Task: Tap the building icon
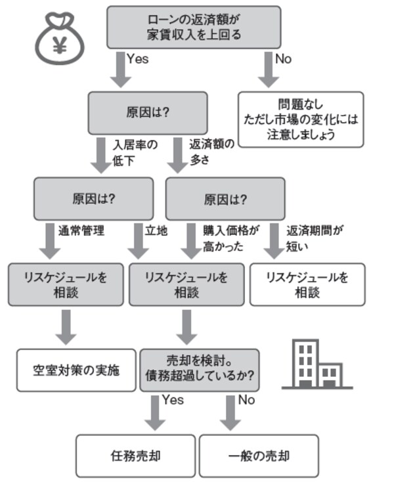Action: pyautogui.click(x=317, y=364)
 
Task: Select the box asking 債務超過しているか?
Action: pyautogui.click(x=199, y=370)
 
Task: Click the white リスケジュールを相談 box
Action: pyautogui.click(x=307, y=284)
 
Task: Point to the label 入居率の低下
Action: pyautogui.click(x=134, y=152)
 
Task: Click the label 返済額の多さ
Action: pyautogui.click(x=211, y=152)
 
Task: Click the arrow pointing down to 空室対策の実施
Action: pyautogui.click(x=66, y=326)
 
